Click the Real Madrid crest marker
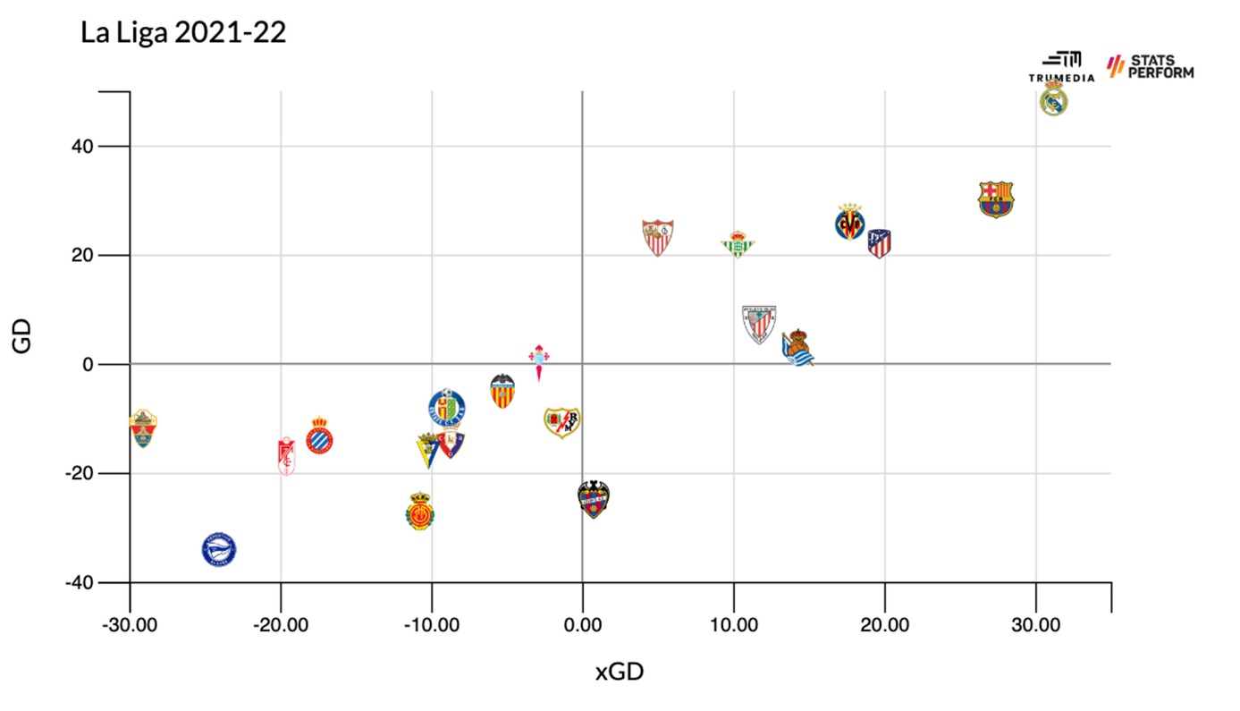pyautogui.click(x=1054, y=99)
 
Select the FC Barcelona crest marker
pyautogui.click(x=996, y=199)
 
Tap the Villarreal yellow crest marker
pyautogui.click(x=849, y=222)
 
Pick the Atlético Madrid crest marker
pyautogui.click(x=880, y=242)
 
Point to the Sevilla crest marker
pyautogui.click(x=658, y=238)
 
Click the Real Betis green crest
pyautogui.click(x=738, y=244)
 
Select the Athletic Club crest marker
pyautogui.click(x=759, y=324)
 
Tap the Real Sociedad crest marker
pyautogui.click(x=797, y=348)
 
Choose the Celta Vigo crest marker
pyautogui.click(x=539, y=360)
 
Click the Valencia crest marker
pyautogui.click(x=503, y=391)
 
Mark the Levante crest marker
pyautogui.click(x=594, y=499)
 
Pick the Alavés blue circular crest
pyautogui.click(x=219, y=549)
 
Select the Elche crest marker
pyautogui.click(x=142, y=429)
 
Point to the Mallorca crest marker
pyautogui.click(x=419, y=512)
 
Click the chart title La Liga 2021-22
pyautogui.click(x=183, y=32)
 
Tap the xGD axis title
pyautogui.click(x=620, y=672)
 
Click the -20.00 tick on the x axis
pyautogui.click(x=281, y=622)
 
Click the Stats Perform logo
pyautogui.click(x=1151, y=67)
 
